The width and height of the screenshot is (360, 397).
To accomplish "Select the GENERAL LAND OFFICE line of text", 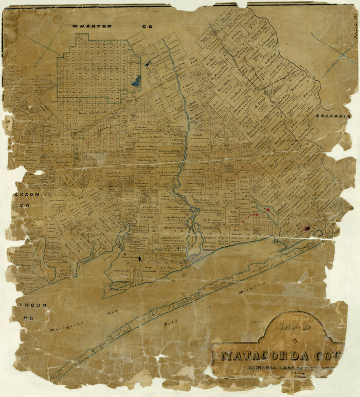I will click(283, 368).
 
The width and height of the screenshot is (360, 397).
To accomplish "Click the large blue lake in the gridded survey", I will click(136, 80).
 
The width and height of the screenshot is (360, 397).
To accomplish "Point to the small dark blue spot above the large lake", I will click(148, 64).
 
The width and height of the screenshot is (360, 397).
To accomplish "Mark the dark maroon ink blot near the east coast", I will click(307, 228).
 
